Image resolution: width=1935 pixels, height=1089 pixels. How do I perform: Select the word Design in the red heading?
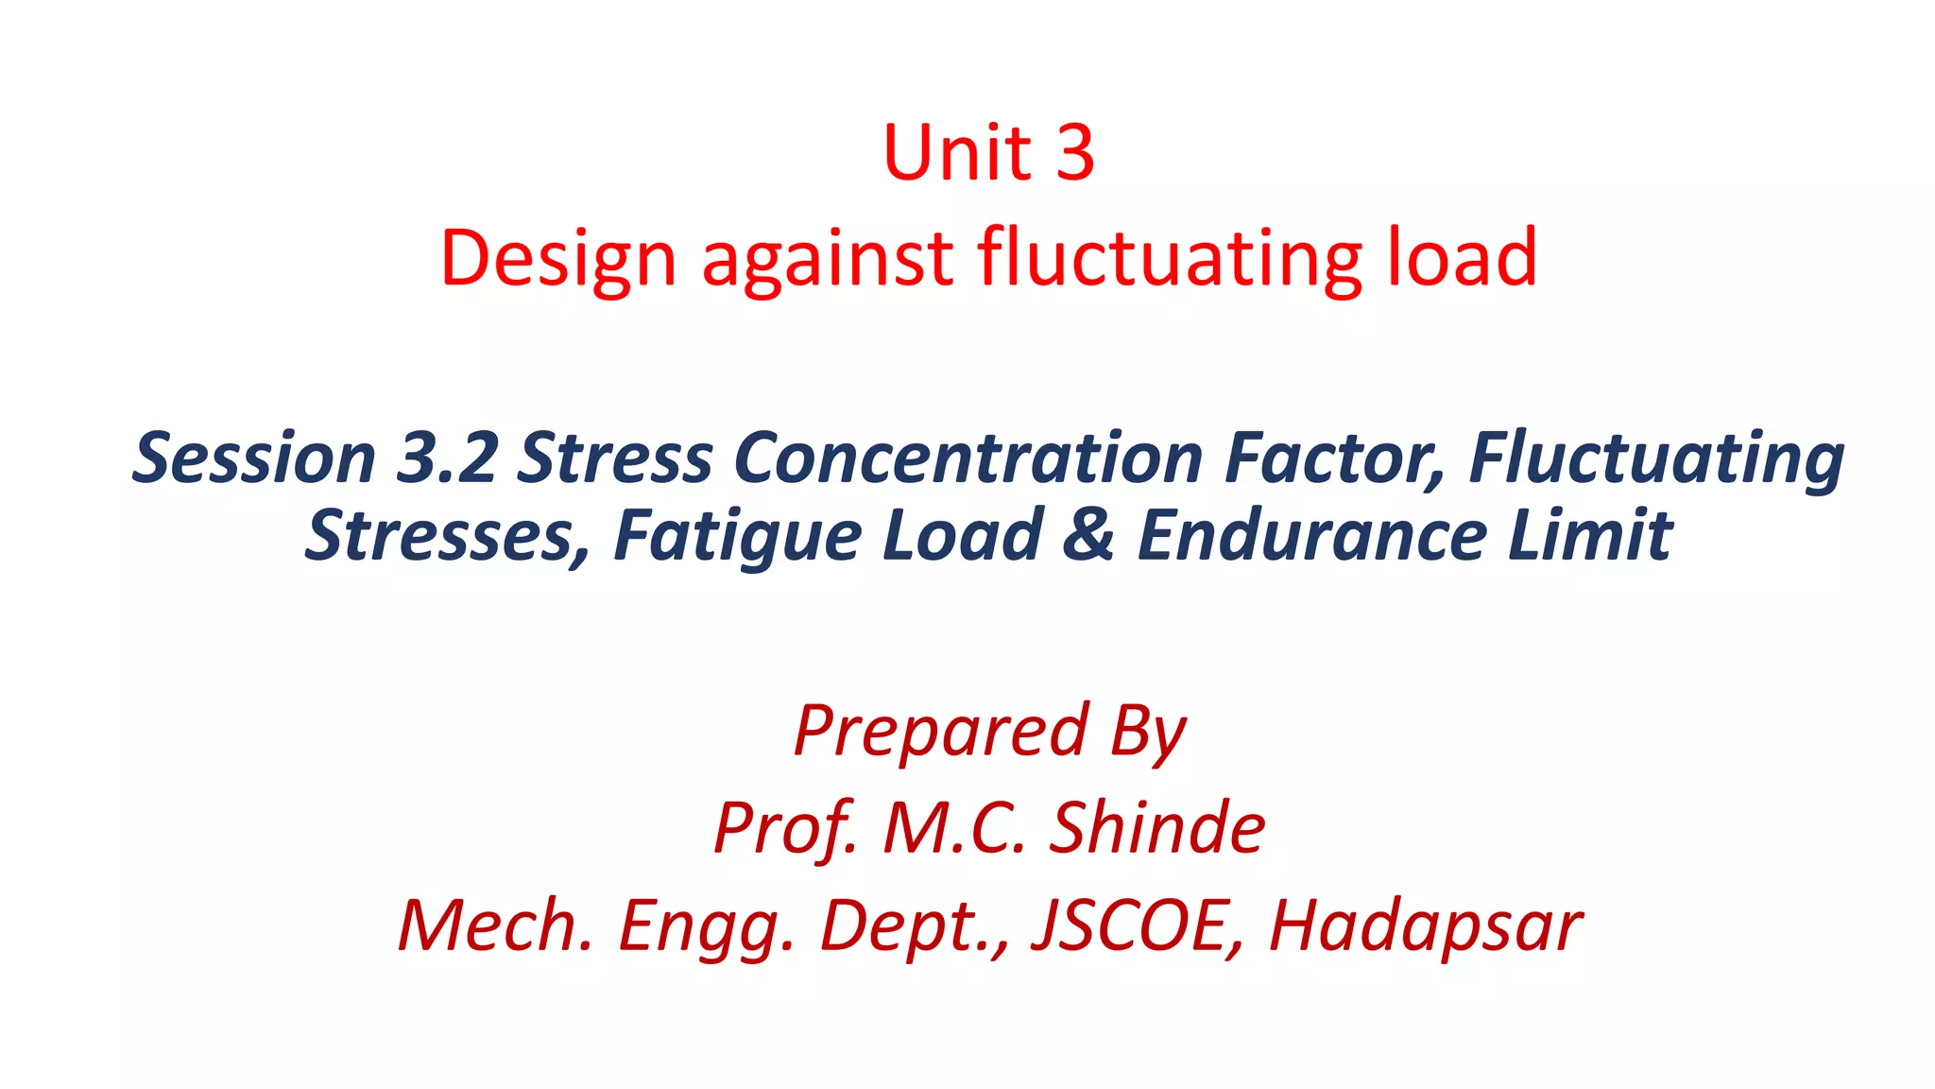point(558,258)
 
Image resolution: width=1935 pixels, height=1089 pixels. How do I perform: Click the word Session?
point(254,458)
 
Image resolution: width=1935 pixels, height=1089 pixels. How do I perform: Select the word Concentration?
point(968,458)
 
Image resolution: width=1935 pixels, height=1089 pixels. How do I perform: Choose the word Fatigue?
point(735,536)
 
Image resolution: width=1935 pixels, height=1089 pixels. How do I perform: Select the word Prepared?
point(940,731)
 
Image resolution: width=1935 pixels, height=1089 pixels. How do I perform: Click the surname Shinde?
point(1157,828)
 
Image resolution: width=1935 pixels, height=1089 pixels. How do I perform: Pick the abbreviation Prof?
point(785,828)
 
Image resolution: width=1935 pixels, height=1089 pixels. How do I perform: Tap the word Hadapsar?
point(1426,925)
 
